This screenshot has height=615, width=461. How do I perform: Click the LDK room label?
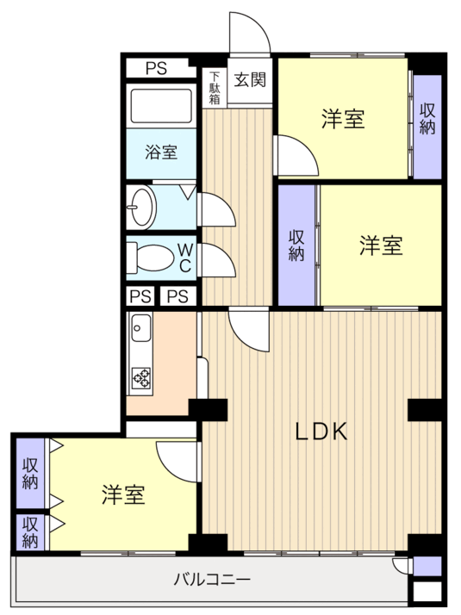(321, 432)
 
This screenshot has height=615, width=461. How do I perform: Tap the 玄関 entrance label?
(250, 79)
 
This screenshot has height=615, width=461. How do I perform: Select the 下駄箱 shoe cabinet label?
(215, 88)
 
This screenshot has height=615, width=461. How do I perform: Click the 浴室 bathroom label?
(161, 152)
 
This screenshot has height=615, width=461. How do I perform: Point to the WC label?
(184, 258)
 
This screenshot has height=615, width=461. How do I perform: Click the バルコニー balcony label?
(212, 579)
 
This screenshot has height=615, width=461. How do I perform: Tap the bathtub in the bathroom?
(161, 106)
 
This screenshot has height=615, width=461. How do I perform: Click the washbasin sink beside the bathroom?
(141, 207)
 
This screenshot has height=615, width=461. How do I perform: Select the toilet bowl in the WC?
(151, 258)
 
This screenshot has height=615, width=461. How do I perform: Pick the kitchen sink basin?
(141, 328)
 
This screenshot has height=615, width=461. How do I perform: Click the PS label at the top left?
(157, 69)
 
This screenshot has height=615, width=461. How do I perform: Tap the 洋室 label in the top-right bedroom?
(343, 119)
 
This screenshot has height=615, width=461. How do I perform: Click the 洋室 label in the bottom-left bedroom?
(123, 494)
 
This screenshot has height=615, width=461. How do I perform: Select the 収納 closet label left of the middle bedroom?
(296, 245)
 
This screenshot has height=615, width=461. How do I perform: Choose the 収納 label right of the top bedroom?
(427, 119)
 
